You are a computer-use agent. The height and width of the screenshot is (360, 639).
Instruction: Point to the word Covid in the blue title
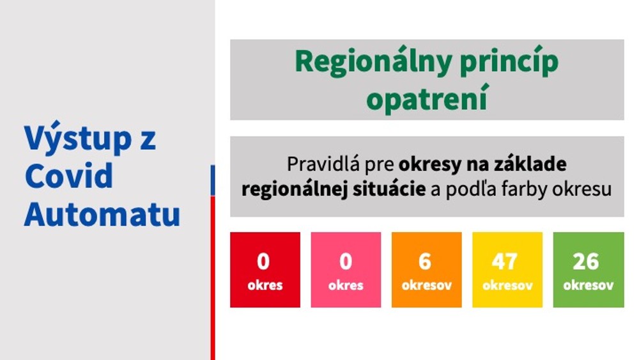[69, 175]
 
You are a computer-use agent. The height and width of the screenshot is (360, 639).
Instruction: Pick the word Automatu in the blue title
[102, 214]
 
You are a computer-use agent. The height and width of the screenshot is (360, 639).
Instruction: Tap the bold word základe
[530, 164]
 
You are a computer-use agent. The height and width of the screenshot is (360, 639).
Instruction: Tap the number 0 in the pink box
[346, 262]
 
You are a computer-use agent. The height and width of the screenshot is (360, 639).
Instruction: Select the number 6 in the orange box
[426, 262]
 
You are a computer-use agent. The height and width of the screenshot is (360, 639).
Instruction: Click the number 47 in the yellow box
[507, 262]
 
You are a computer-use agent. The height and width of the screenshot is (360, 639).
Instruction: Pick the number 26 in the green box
[587, 262]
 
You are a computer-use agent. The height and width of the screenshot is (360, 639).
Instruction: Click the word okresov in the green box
[589, 285]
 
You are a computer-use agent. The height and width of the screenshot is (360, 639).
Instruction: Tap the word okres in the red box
[265, 285]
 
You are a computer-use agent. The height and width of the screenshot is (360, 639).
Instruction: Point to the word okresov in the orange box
[427, 285]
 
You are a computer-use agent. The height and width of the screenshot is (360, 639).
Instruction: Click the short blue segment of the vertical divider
[213, 180]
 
